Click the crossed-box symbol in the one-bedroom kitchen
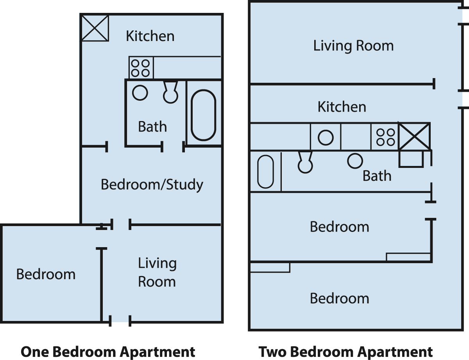pyautogui.click(x=95, y=28)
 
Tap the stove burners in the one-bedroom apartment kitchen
pyautogui.click(x=141, y=68)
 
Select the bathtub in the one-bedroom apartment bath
pyautogui.click(x=203, y=115)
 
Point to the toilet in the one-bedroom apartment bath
pyautogui.click(x=170, y=92)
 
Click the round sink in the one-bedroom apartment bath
pyautogui.click(x=140, y=93)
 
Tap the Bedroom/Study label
pyautogui.click(x=152, y=185)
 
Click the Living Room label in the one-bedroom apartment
pyautogui.click(x=157, y=272)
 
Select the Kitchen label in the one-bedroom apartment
pyautogui.click(x=150, y=36)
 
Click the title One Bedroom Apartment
pyautogui.click(x=108, y=352)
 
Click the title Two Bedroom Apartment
pyautogui.click(x=345, y=352)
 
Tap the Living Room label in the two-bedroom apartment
pyautogui.click(x=353, y=46)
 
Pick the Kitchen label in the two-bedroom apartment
pyautogui.click(x=342, y=107)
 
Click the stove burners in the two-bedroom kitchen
pyautogui.click(x=385, y=137)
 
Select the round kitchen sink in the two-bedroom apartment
pyautogui.click(x=326, y=137)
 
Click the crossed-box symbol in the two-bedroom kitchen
pyautogui.click(x=414, y=136)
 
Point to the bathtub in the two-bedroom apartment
pyautogui.click(x=265, y=171)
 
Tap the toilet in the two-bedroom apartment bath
pyautogui.click(x=305, y=162)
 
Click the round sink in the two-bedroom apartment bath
pyautogui.click(x=355, y=161)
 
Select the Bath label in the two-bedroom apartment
pyautogui.click(x=377, y=176)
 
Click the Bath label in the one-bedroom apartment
pyautogui.click(x=152, y=127)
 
